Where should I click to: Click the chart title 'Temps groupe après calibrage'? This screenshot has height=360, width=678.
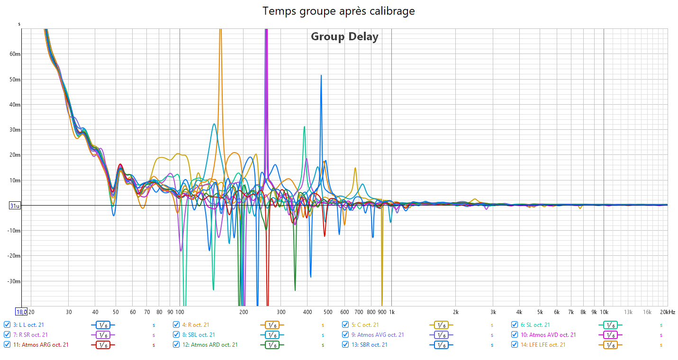point(339,11)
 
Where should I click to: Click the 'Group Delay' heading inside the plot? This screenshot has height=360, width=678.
point(344,36)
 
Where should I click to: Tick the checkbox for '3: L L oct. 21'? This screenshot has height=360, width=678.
point(7,325)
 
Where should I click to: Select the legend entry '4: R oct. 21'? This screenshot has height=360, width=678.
point(195,325)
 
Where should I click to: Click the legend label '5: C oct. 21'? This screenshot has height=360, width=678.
point(365,325)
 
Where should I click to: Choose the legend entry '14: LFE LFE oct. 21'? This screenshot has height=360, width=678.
point(542,345)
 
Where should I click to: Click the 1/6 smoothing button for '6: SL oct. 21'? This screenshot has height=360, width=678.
point(610,325)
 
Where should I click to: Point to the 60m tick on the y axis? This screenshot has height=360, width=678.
point(15,54)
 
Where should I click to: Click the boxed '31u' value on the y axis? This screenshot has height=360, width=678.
point(15,206)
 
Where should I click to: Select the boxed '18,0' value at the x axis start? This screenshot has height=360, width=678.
point(21,312)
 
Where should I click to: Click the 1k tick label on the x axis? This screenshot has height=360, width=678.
point(391,312)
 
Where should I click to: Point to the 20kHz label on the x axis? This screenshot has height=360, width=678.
point(667,312)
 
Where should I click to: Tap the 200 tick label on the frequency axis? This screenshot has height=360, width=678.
point(243,312)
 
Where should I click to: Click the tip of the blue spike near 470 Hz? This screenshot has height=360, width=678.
point(321,75)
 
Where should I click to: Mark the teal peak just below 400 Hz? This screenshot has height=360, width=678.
point(304,126)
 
